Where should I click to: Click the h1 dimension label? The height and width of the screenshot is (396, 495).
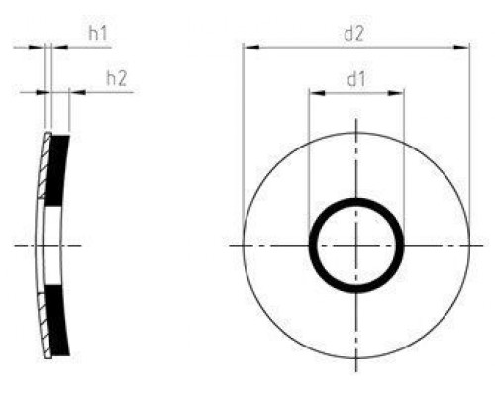coord(98,33)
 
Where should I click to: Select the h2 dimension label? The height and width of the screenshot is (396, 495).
coord(116,78)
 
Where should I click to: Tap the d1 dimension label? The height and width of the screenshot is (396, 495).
coord(356,79)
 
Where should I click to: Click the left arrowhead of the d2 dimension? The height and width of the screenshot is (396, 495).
coord(248,46)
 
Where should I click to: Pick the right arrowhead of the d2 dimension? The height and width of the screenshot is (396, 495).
coord(462,46)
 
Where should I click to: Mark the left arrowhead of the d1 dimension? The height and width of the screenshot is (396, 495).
coord(314,93)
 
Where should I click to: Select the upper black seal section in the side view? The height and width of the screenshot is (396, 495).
coord(57,168)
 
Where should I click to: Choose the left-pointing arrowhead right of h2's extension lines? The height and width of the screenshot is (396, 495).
coord(74,92)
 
